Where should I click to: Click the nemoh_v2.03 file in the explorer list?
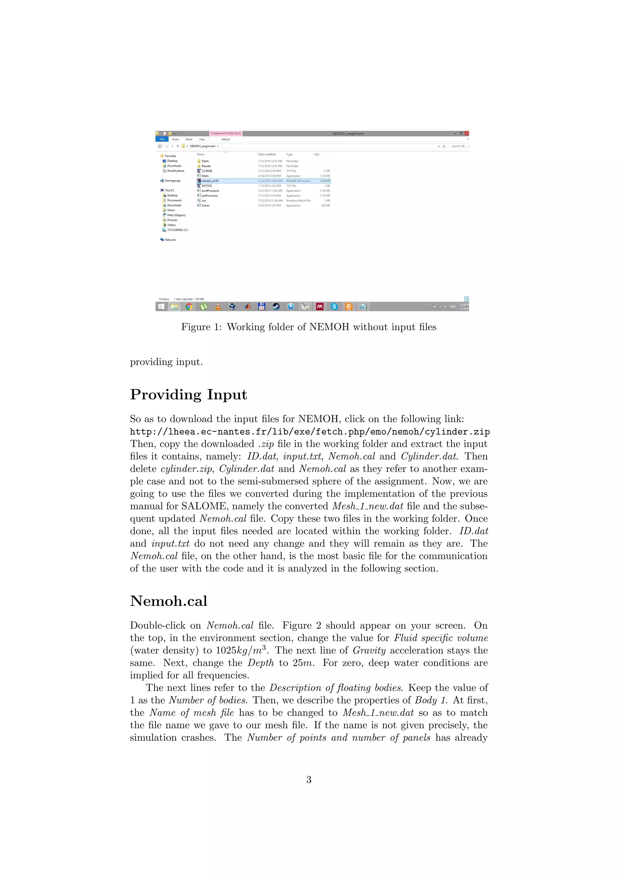(210, 181)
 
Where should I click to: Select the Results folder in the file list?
(206, 166)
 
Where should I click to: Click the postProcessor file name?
(210, 190)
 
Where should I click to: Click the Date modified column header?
(266, 154)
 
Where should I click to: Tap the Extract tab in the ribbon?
(226, 139)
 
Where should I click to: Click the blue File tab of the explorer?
(162, 139)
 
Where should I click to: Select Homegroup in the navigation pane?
(172, 181)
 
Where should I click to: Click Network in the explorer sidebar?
(170, 240)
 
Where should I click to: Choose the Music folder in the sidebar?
(171, 210)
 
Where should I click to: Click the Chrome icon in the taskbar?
(189, 306)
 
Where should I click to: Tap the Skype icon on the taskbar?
(334, 306)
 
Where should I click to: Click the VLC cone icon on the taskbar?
(218, 306)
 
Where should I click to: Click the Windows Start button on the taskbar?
(161, 306)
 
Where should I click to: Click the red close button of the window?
(467, 133)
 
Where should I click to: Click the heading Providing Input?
(189, 395)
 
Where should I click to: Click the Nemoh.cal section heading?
(168, 601)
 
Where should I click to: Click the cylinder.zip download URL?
(310, 432)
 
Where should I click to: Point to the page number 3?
(309, 779)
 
